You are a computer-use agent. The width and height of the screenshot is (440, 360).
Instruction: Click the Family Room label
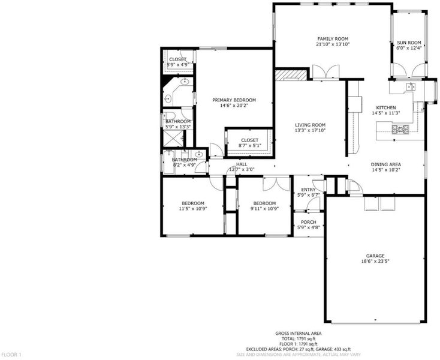333,39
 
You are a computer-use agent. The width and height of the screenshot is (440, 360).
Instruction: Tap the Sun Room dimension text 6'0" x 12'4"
409,48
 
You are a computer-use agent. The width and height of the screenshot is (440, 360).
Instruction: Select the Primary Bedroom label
234,100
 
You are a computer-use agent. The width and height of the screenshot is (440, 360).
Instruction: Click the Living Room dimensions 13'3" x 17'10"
310,130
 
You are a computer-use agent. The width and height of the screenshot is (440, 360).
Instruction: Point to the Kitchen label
386,107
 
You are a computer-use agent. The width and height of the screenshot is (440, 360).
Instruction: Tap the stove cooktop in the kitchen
400,129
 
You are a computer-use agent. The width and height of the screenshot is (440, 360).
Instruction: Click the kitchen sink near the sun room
411,87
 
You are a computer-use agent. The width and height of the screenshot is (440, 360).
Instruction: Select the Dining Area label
386,164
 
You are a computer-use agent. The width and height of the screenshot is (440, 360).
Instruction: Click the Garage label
375,256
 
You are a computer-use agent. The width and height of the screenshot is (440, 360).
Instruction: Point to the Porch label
308,222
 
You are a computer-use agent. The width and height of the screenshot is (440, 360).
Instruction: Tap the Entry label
308,190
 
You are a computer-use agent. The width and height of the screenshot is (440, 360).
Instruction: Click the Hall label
242,164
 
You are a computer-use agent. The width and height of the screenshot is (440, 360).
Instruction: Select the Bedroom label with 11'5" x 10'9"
193,203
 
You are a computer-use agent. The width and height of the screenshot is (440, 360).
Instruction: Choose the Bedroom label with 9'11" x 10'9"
264,203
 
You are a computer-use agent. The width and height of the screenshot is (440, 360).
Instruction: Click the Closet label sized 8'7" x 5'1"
250,140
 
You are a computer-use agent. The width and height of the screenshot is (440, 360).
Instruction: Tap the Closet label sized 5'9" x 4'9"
177,59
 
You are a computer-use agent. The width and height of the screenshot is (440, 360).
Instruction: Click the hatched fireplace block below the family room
291,75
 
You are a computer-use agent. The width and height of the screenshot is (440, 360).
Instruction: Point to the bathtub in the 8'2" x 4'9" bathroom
168,163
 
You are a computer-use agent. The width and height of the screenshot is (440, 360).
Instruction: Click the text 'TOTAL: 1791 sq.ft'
299,338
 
